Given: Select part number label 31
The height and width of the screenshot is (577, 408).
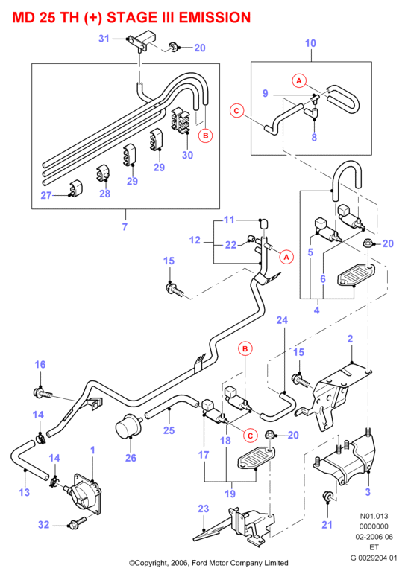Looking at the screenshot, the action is click(x=104, y=38).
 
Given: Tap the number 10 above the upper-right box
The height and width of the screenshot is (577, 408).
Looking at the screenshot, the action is click(x=310, y=43).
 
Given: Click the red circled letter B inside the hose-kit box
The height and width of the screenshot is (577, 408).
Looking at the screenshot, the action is click(x=205, y=136).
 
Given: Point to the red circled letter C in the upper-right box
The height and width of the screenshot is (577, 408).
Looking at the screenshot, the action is click(x=236, y=110).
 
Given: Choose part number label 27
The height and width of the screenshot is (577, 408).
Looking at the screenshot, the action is click(x=46, y=195).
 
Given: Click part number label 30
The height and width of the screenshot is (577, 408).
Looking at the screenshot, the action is click(x=187, y=155).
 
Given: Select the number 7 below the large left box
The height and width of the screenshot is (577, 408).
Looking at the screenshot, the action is click(x=125, y=226).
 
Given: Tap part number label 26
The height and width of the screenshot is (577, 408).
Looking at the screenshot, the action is click(x=131, y=458).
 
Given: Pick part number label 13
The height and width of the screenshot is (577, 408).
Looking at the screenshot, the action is click(x=25, y=492).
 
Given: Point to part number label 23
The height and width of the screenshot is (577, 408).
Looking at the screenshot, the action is click(x=204, y=509).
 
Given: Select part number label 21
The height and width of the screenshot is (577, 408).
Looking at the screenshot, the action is click(x=327, y=525).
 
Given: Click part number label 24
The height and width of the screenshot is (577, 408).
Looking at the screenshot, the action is click(x=282, y=320).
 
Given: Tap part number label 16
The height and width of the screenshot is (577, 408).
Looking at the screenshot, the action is click(x=40, y=364).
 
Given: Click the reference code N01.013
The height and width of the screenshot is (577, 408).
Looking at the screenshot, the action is click(x=374, y=516).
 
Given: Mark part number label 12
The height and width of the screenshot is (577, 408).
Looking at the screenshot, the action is click(x=195, y=240).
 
